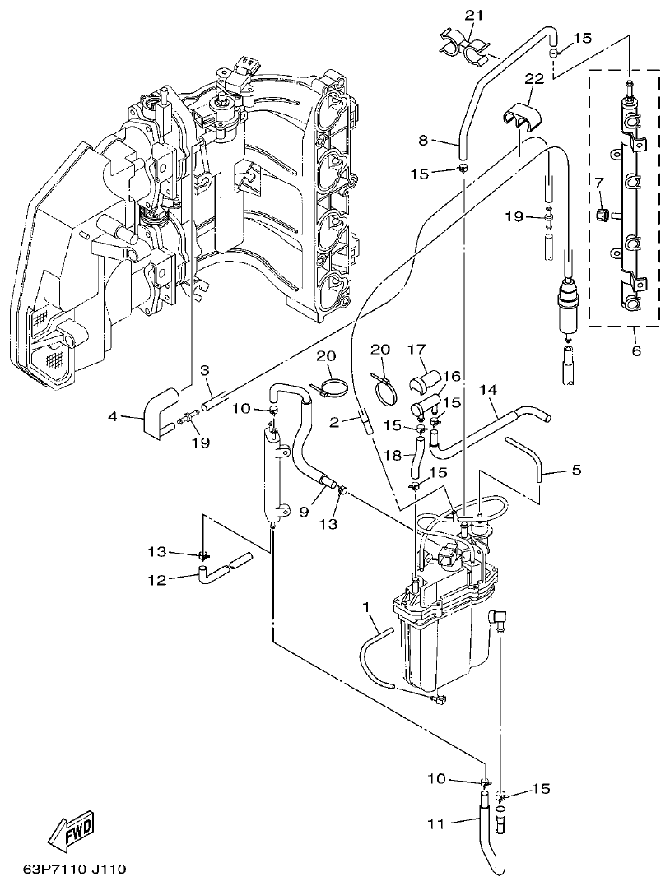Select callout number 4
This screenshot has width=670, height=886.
coord(112,417)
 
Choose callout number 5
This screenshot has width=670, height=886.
coord(575,471)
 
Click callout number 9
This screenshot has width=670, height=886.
coord(304,511)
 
